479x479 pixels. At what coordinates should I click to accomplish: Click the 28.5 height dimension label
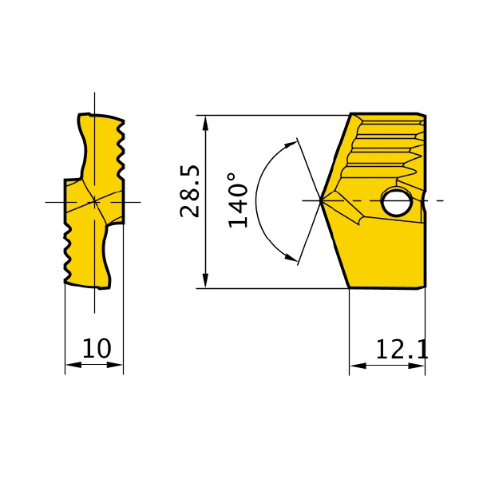[x=190, y=192]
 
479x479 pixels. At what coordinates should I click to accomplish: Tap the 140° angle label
[x=238, y=200]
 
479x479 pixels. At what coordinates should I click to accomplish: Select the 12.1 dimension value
[x=402, y=349]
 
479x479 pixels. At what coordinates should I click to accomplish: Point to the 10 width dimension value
[x=97, y=348]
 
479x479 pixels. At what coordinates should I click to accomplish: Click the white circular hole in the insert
[x=397, y=202]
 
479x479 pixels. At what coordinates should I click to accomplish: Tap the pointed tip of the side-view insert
[x=320, y=200]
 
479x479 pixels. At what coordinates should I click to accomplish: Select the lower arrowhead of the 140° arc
[x=291, y=257]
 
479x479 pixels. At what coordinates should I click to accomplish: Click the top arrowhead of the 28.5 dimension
[x=206, y=123]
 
